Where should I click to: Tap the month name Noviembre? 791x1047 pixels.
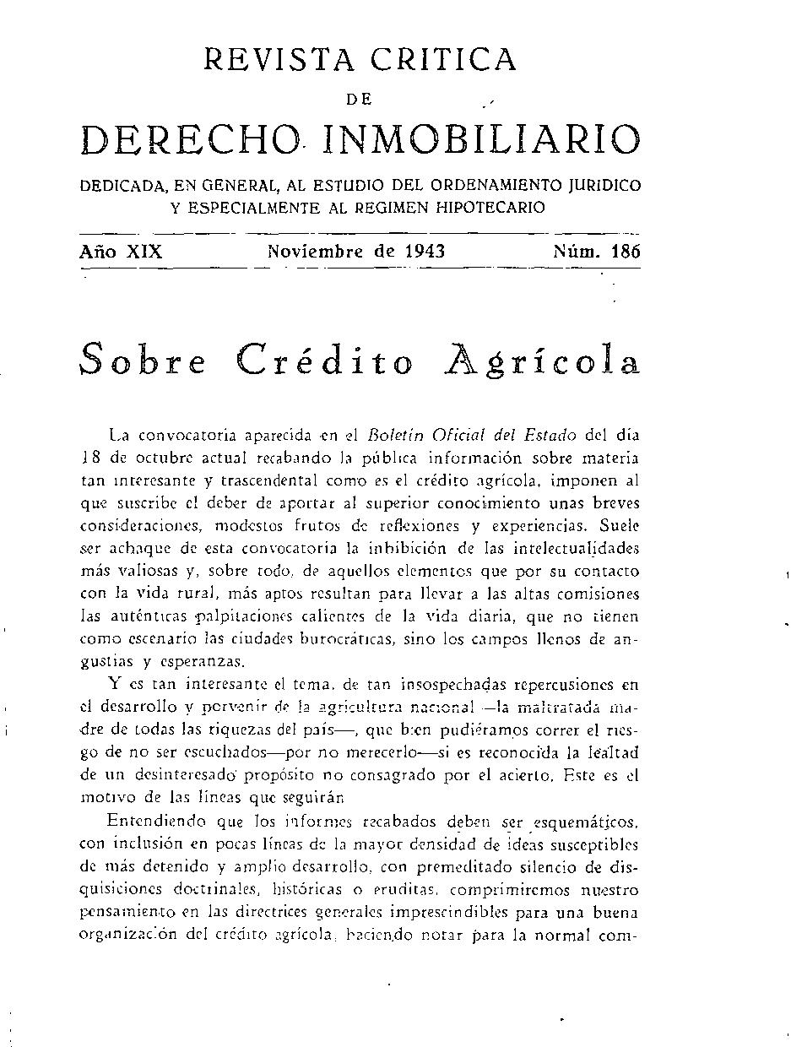317,251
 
